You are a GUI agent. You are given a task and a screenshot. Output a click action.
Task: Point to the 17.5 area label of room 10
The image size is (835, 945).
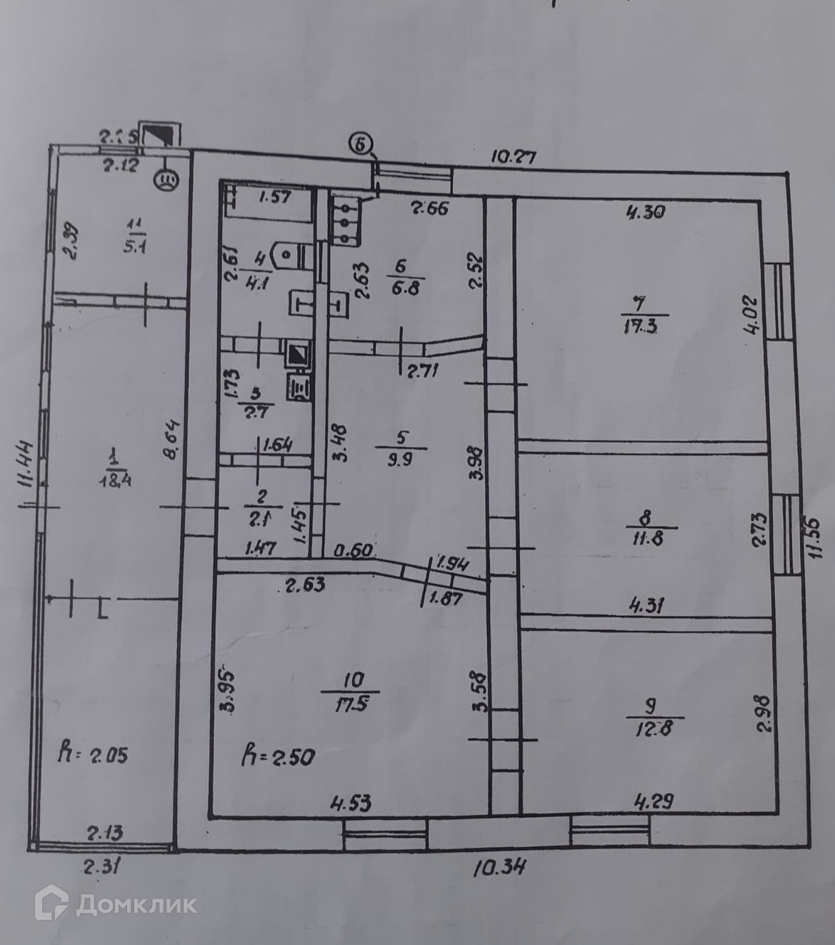[350, 704]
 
